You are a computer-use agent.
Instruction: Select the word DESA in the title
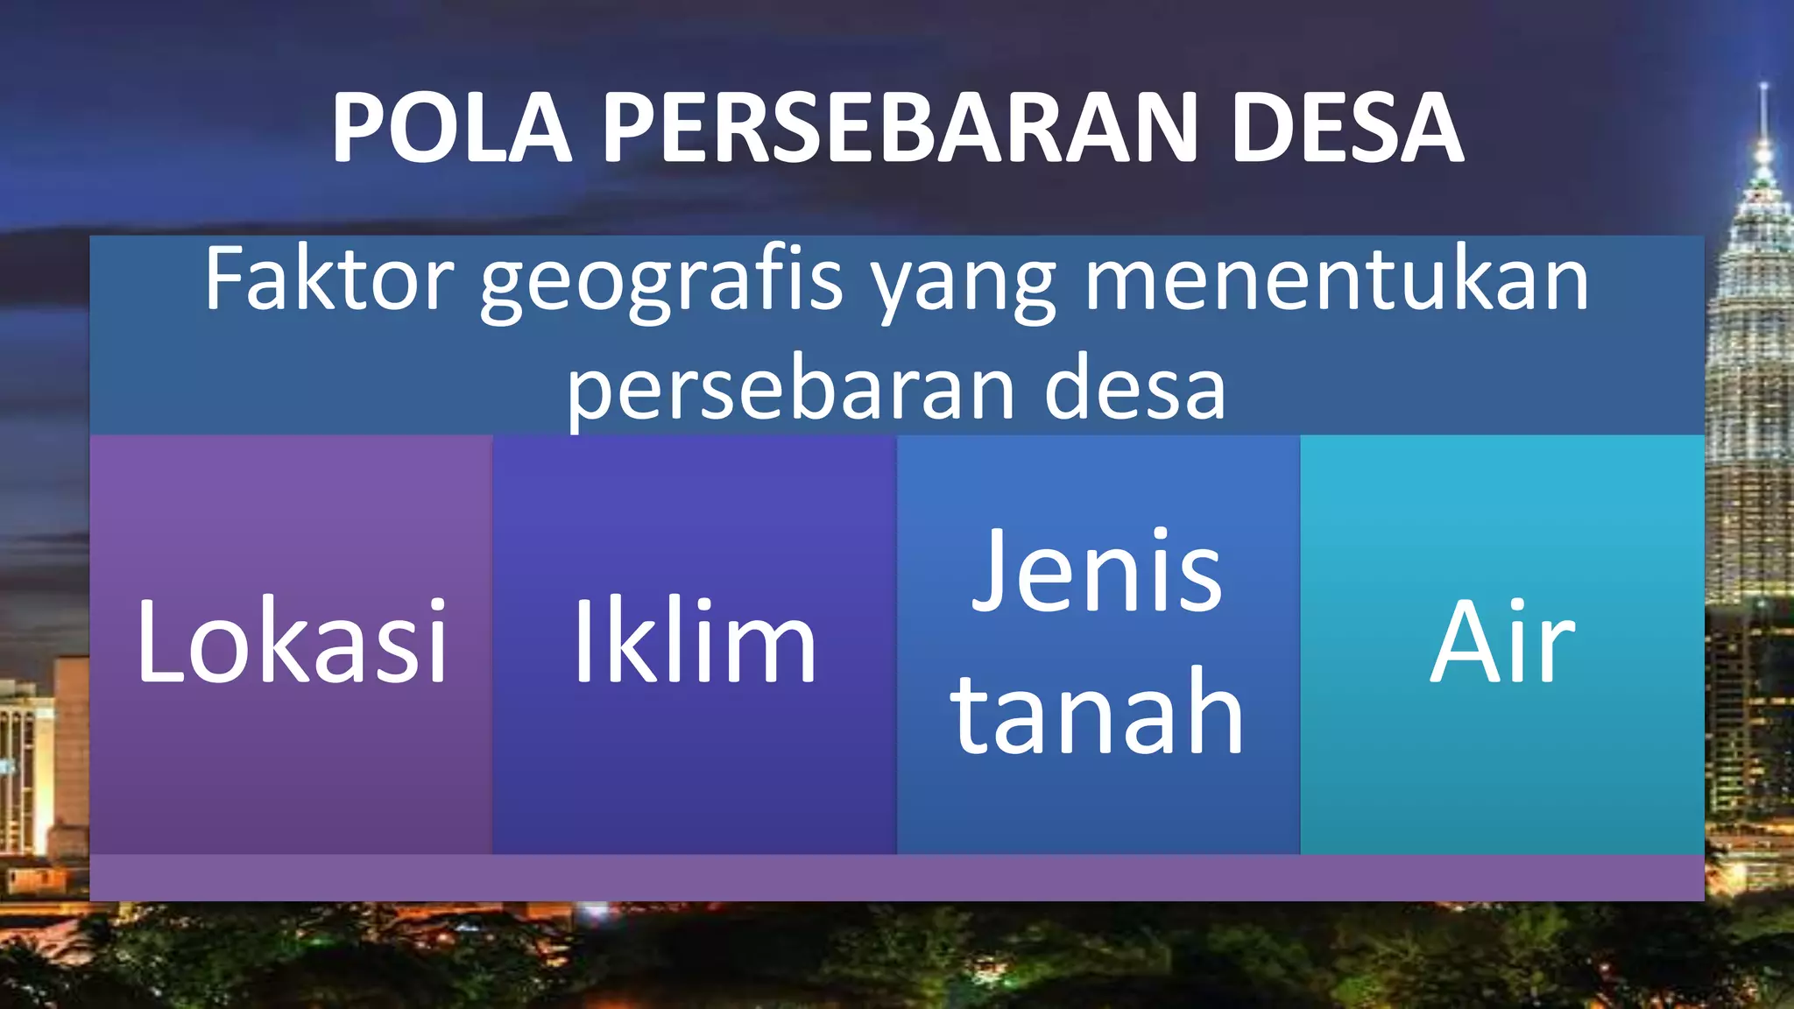1347,128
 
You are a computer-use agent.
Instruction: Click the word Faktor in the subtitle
328,279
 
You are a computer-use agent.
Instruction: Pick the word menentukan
1337,279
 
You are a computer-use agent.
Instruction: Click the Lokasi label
292,640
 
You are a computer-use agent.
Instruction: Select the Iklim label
694,640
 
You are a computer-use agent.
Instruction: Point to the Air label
1502,640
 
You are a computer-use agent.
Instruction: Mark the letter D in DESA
1267,128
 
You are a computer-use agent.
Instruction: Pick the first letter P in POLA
361,128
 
